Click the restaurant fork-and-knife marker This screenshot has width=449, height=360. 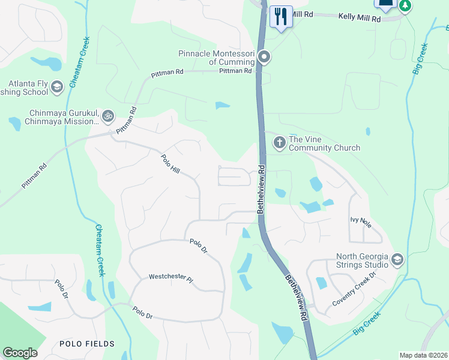pyautogui.click(x=280, y=16)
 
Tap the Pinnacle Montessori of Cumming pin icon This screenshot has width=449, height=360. pyautogui.click(x=265, y=58)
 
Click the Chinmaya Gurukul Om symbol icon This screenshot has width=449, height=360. pyautogui.click(x=107, y=115)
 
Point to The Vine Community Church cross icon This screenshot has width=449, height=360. pyautogui.click(x=279, y=143)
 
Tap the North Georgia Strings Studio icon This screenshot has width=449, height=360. pyautogui.click(x=396, y=259)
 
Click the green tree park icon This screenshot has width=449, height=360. pyautogui.click(x=405, y=5)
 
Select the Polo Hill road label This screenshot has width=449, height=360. pyautogui.click(x=170, y=164)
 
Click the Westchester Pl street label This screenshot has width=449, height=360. pyautogui.click(x=171, y=278)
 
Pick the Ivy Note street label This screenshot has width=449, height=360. pyautogui.click(x=361, y=221)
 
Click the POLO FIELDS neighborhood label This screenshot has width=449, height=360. pyautogui.click(x=87, y=344)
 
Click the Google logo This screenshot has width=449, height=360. pyautogui.click(x=20, y=353)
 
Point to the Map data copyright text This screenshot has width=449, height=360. pyautogui.click(x=423, y=355)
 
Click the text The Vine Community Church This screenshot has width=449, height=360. pyautogui.click(x=324, y=143)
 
